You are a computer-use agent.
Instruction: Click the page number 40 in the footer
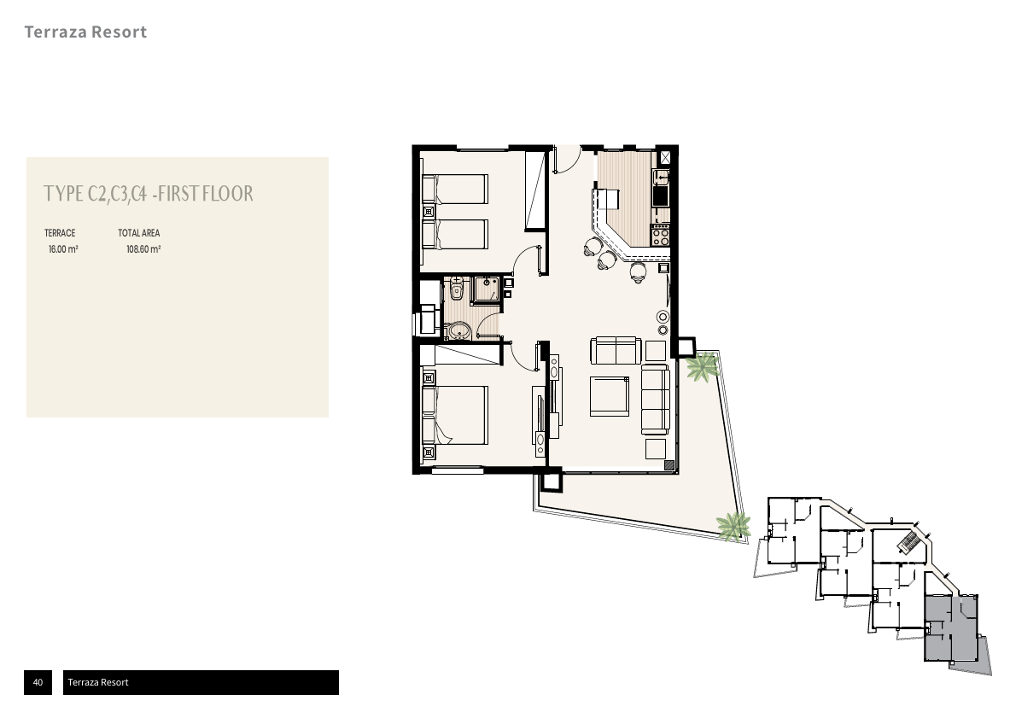coord(38,682)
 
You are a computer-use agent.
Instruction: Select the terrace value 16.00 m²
coord(63,249)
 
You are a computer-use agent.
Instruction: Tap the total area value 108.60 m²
coord(143,249)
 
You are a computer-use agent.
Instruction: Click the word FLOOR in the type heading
coord(227,194)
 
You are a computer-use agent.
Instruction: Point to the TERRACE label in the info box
coord(60,233)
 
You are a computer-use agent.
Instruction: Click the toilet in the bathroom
coord(457,289)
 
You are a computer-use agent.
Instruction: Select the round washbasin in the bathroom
coord(459,332)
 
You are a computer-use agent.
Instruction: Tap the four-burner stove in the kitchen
coord(660,234)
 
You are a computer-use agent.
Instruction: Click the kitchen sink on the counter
coord(660,176)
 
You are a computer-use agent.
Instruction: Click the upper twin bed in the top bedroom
coord(454,189)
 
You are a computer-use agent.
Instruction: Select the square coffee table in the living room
coord(609,396)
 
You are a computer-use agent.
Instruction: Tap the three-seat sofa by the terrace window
coord(655,400)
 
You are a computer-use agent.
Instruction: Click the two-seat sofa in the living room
coord(616,351)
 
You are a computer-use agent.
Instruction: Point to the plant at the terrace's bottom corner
coord(733,526)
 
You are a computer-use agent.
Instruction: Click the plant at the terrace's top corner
coord(703,366)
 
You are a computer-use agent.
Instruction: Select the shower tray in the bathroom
coord(485,289)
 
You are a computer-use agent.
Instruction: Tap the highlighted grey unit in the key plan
coord(950,628)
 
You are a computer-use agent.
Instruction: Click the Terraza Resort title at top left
coord(85,32)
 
